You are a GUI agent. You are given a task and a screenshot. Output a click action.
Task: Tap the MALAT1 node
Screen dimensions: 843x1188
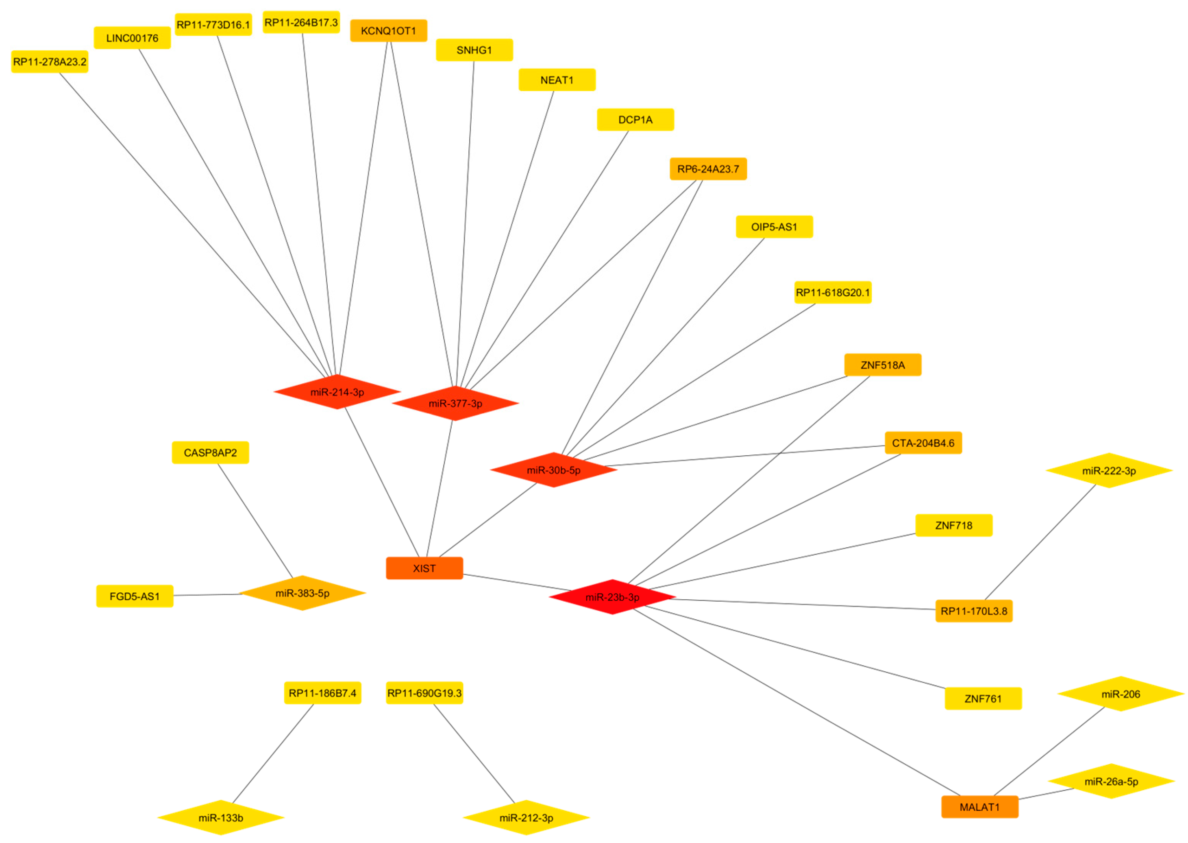coord(979,807)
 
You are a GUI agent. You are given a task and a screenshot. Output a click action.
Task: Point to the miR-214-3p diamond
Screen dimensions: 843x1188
coord(337,392)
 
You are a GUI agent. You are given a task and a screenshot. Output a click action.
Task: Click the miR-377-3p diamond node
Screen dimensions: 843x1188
coord(455,403)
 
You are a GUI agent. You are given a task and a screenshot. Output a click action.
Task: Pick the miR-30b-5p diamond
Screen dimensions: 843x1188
coord(553,470)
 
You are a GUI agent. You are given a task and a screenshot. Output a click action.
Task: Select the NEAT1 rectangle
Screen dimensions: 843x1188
coord(557,80)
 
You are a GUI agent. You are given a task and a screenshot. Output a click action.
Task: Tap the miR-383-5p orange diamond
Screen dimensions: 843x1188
coord(302,593)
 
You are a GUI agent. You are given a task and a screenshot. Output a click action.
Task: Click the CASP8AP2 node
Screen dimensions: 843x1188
coord(210,453)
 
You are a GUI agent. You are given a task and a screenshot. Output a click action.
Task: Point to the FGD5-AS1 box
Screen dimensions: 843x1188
coord(134,596)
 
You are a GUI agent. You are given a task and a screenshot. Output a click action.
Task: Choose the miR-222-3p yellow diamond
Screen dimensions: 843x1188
coord(1109,471)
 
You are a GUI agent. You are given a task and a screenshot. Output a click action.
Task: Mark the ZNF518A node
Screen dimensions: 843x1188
coord(882,365)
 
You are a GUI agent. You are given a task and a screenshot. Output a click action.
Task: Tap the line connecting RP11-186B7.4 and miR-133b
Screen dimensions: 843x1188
coord(273,754)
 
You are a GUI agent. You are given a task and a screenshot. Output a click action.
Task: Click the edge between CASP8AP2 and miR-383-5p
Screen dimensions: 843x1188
coord(255,520)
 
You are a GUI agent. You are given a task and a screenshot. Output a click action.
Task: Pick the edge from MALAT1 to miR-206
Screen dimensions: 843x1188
coord(1049,751)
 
